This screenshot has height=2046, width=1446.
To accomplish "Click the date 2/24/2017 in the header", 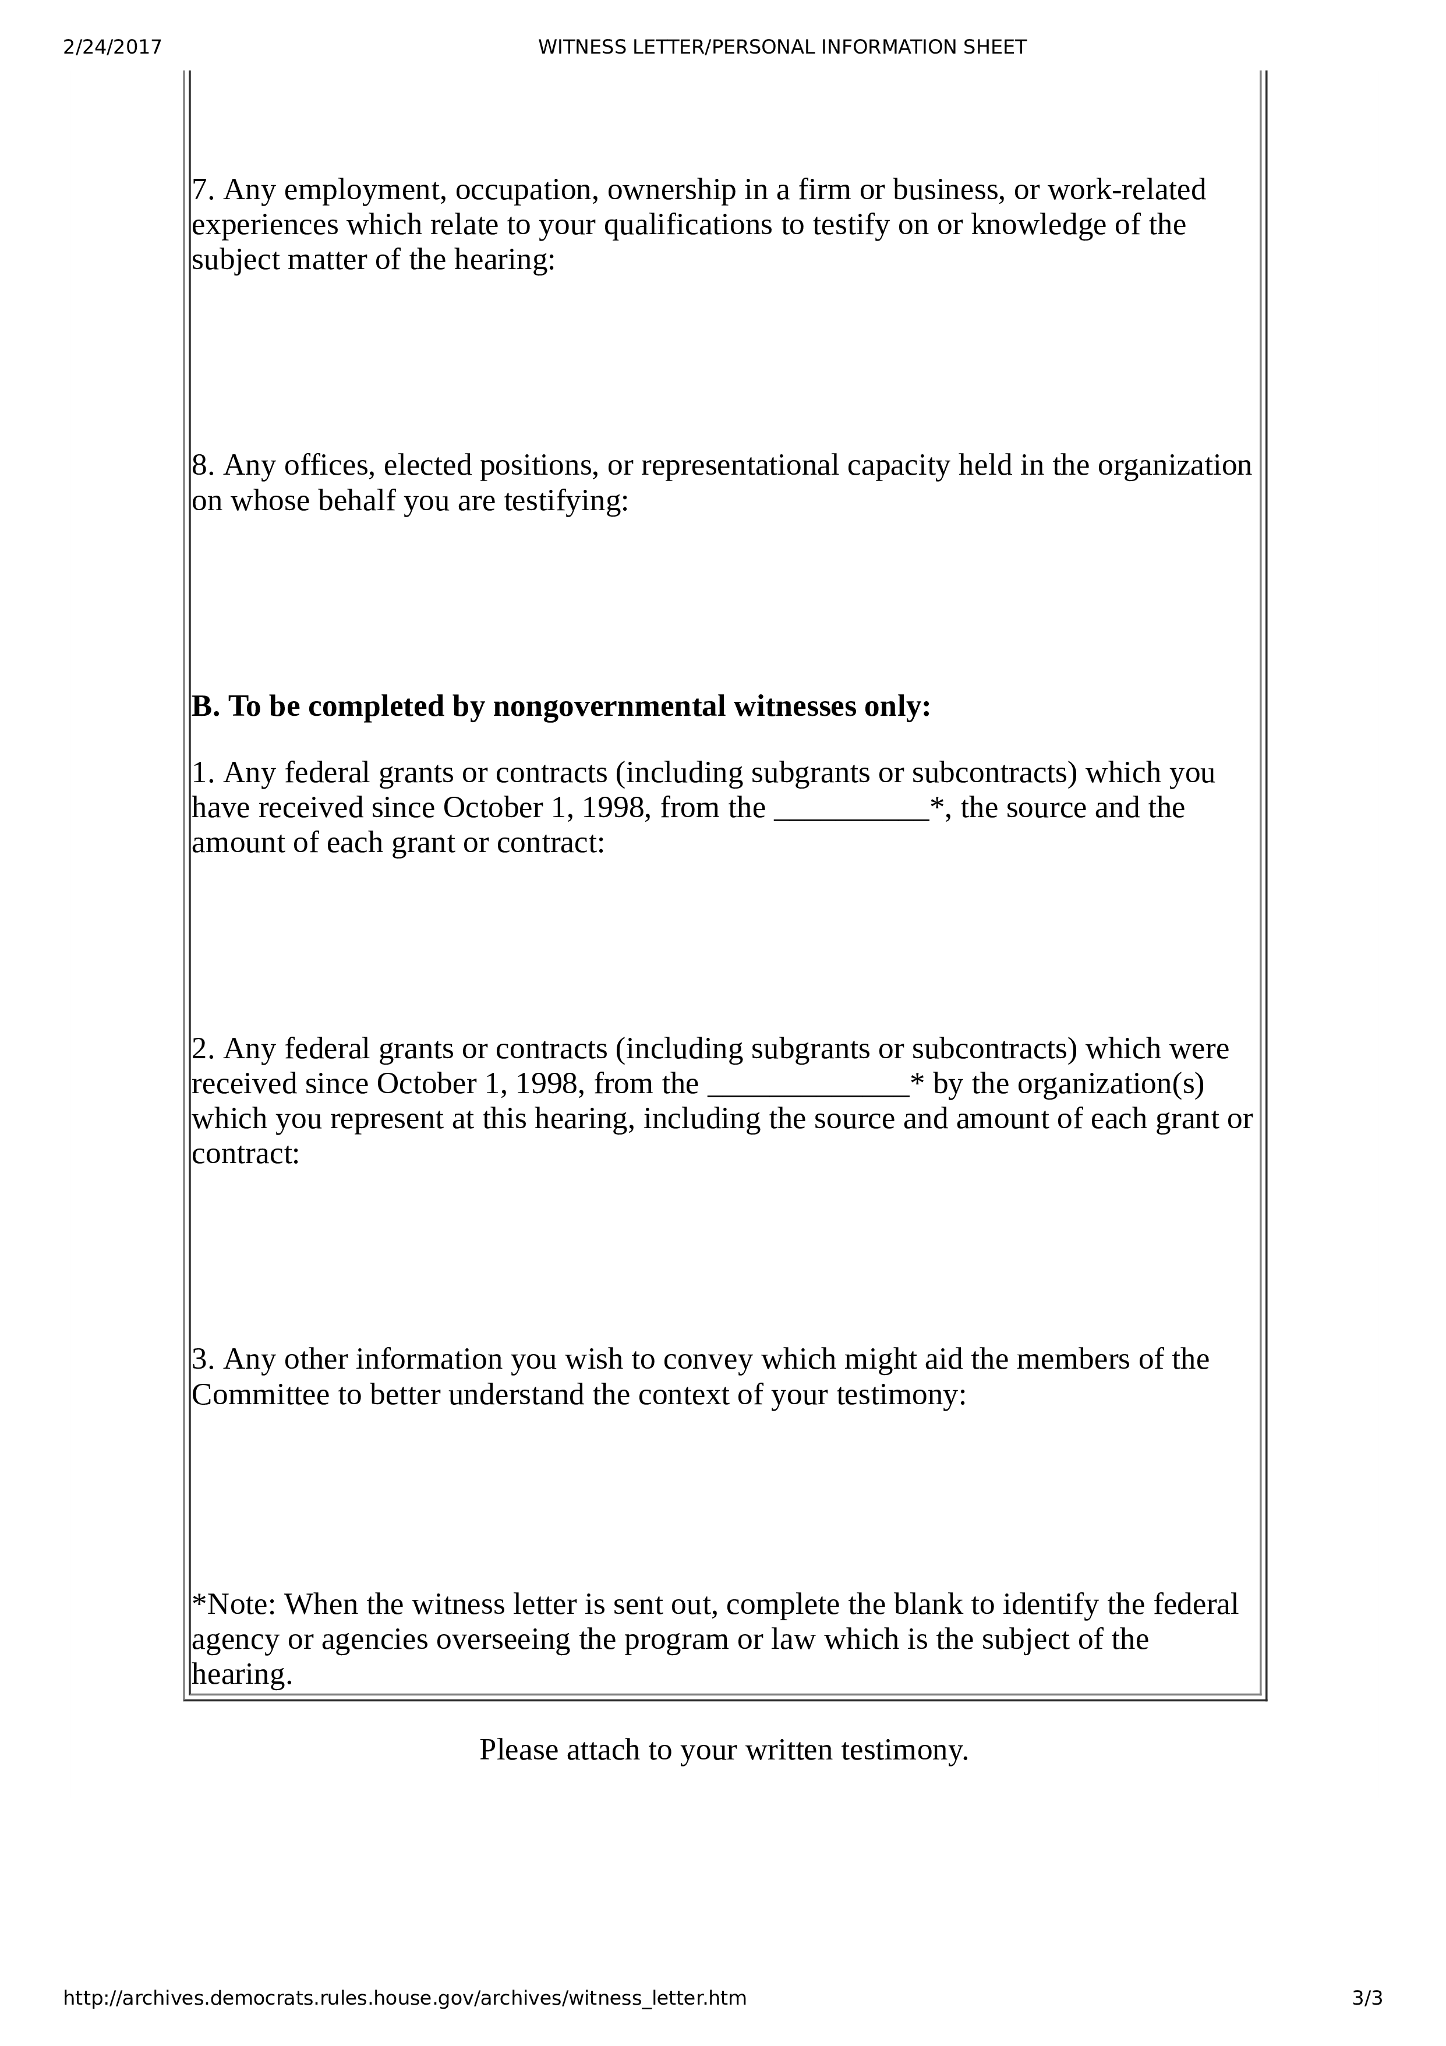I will (112, 47).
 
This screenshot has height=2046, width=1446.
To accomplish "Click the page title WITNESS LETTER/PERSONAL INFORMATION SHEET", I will (782, 47).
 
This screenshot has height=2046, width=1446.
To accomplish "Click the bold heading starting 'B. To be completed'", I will (561, 706).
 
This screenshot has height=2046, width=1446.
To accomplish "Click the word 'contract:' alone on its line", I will (246, 1154).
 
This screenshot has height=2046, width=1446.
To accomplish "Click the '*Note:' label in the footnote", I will (234, 1604).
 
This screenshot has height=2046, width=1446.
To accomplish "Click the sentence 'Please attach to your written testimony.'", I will (723, 1749).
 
